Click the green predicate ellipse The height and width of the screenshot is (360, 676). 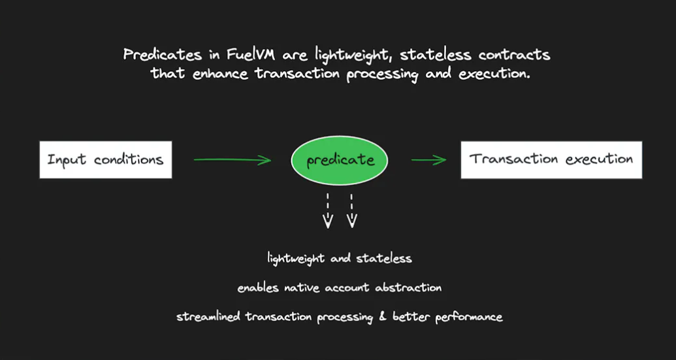339,160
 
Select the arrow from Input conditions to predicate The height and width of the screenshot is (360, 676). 233,160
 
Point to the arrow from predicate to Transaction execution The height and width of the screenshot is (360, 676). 428,160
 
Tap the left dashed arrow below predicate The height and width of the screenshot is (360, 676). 328,210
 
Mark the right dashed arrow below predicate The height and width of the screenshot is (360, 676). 352,210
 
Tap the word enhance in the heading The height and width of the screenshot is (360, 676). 220,73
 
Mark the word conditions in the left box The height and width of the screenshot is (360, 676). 129,160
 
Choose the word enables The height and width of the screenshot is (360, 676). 258,287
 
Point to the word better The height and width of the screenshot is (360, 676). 411,317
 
